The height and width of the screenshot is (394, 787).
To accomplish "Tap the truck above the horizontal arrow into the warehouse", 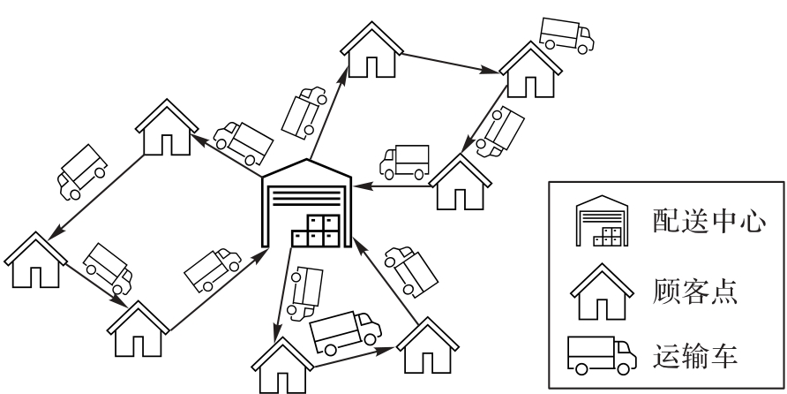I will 403,161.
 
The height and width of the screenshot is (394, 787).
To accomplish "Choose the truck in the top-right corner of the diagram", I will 566,33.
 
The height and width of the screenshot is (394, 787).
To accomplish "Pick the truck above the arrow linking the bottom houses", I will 344,330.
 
